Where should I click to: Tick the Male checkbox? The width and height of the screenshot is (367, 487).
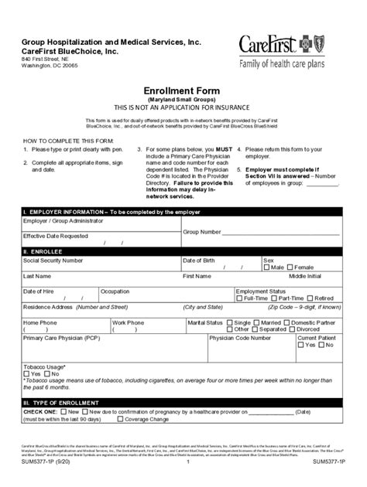tap(267, 267)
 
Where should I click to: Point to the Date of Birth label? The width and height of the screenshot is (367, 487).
tap(198, 261)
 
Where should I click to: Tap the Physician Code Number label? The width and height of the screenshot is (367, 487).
tap(239, 338)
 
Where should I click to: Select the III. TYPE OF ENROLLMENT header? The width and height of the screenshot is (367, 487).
tap(61, 404)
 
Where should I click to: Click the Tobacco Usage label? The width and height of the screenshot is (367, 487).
tap(44, 366)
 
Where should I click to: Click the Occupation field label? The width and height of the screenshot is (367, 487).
tap(115, 291)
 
